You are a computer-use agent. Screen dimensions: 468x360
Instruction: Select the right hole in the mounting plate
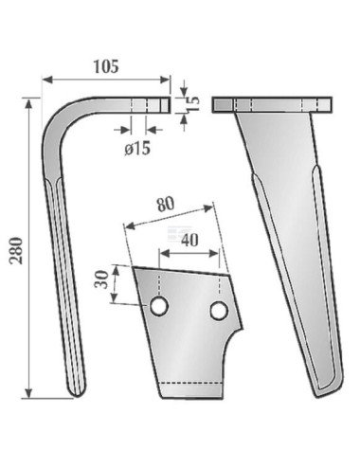[219, 311]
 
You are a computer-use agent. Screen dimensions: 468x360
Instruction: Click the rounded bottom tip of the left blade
[76, 389]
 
